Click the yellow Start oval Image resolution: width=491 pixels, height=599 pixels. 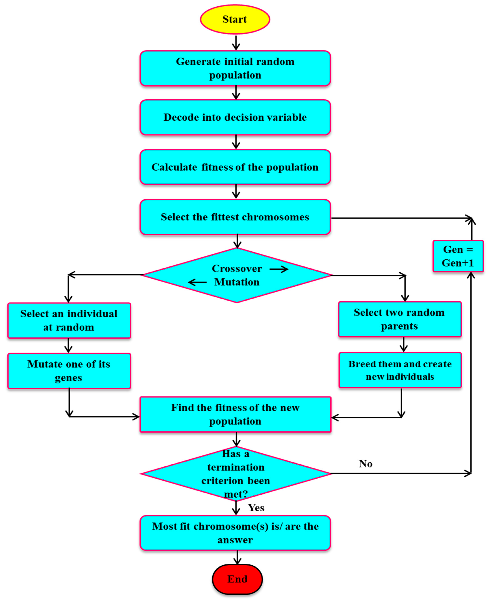click(x=235, y=19)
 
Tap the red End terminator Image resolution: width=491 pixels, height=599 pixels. click(x=237, y=579)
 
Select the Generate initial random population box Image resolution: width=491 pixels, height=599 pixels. click(x=235, y=68)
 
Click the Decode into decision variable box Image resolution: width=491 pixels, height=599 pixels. click(x=235, y=117)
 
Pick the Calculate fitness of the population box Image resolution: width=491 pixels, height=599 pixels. click(x=235, y=167)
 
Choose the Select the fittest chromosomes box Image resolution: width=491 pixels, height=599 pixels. click(x=235, y=217)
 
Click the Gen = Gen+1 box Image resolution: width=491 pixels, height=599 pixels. click(x=458, y=256)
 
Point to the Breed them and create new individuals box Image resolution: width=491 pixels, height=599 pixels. click(x=400, y=370)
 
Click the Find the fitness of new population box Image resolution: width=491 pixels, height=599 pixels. click(x=235, y=414)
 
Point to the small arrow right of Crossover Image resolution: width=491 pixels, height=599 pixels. click(x=279, y=269)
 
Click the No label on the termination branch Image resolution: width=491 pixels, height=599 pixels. click(x=365, y=464)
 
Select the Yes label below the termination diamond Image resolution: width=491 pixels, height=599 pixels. click(x=256, y=508)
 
